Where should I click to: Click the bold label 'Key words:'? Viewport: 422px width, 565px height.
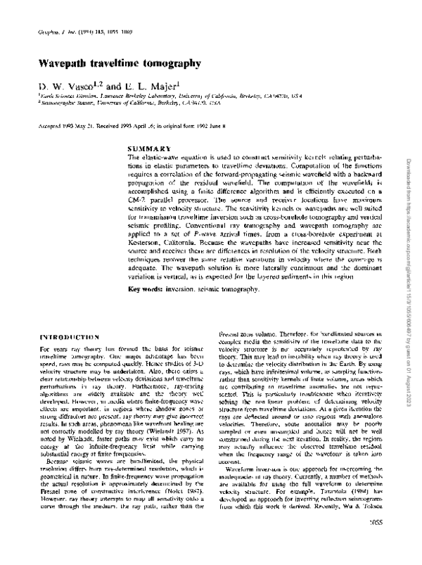(145, 290)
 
